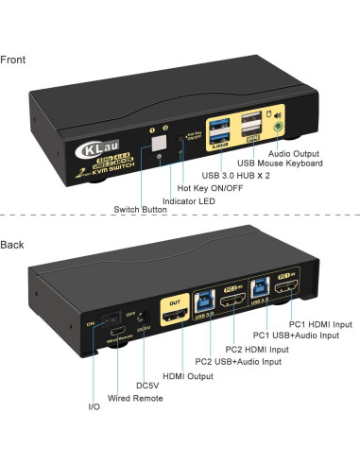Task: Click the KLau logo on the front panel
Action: point(92,148)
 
